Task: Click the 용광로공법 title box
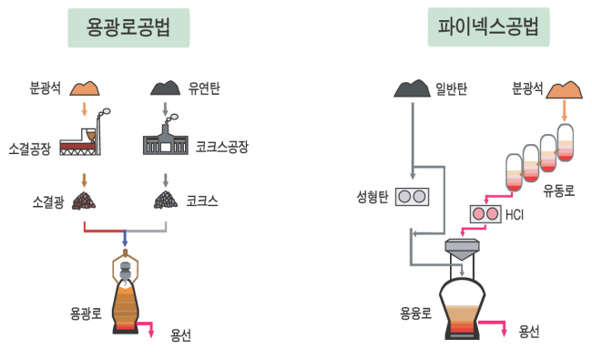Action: (128, 27)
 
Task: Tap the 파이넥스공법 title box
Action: (488, 27)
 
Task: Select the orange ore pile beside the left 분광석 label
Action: (85, 88)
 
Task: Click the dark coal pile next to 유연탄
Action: (166, 88)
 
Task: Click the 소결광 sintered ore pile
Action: (84, 201)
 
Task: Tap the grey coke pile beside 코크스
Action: (166, 200)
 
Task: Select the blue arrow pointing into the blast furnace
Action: (125, 238)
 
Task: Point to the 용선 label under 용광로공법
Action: (180, 335)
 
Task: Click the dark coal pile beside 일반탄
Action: (412, 88)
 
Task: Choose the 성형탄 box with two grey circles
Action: (412, 197)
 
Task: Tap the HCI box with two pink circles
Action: (485, 214)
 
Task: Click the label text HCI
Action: (515, 214)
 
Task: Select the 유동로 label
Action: (559, 190)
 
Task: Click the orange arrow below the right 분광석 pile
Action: (565, 110)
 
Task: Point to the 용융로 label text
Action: (415, 314)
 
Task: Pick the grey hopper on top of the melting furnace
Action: (462, 249)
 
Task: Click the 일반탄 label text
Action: (451, 88)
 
